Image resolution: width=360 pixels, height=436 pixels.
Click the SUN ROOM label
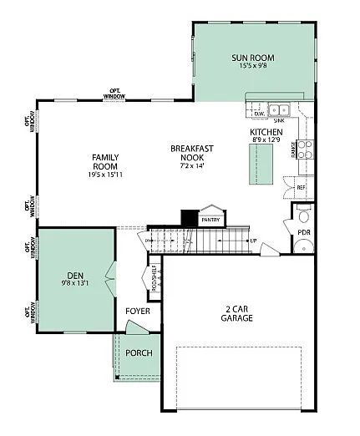[252, 58]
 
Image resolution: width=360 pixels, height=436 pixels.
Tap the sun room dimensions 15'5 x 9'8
[252, 68]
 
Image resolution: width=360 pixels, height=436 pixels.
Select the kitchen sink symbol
[277, 109]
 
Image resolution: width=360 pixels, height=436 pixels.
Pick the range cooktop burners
[305, 150]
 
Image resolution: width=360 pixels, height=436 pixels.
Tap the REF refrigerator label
[301, 189]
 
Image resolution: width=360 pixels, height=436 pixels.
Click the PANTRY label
[210, 220]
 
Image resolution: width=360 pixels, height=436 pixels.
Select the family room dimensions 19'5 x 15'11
[105, 175]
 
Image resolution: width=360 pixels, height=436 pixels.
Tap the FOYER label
[137, 312]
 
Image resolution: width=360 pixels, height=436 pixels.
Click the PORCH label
[139, 352]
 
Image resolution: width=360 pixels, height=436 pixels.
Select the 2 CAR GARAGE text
[237, 313]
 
